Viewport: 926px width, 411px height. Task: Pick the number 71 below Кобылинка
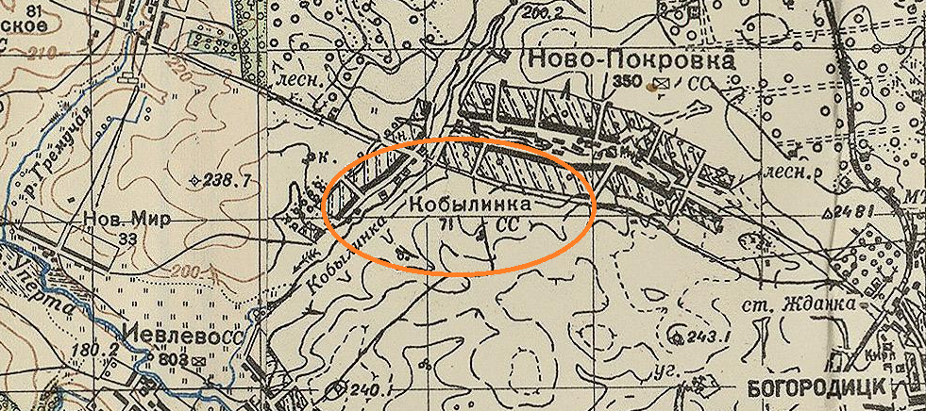[x=446, y=224]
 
